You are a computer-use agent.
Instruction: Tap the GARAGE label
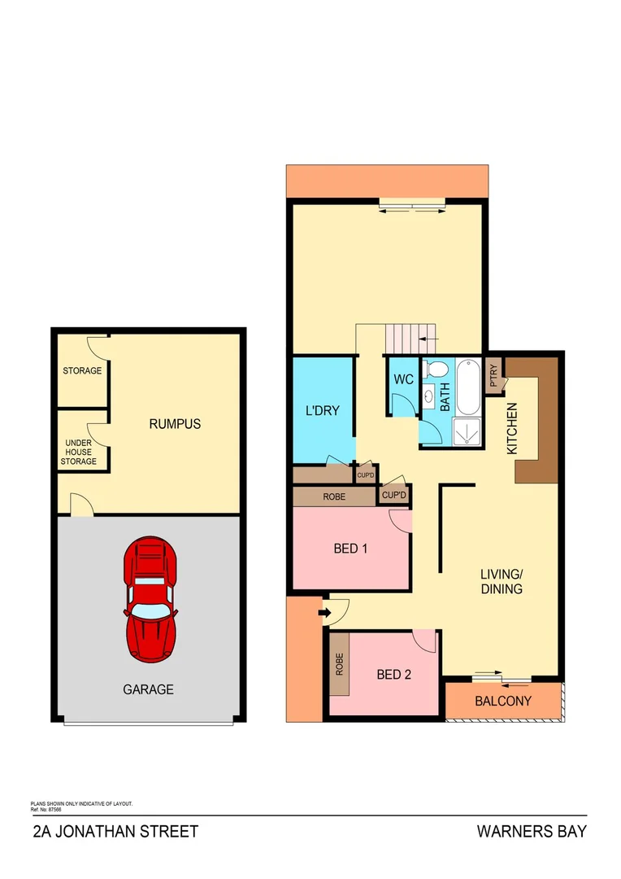(148, 689)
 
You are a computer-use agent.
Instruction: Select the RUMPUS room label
(175, 424)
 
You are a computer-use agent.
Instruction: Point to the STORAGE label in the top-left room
(83, 371)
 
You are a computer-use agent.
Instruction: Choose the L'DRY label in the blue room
(321, 410)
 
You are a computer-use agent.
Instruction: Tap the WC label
(403, 379)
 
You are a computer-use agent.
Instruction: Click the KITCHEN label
(512, 429)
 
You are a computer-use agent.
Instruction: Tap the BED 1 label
(351, 549)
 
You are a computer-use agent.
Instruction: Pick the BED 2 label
(394, 674)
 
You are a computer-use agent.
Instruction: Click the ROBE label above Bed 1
(334, 496)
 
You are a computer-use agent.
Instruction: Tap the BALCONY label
(503, 701)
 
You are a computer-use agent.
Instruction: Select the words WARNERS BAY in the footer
(532, 832)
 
